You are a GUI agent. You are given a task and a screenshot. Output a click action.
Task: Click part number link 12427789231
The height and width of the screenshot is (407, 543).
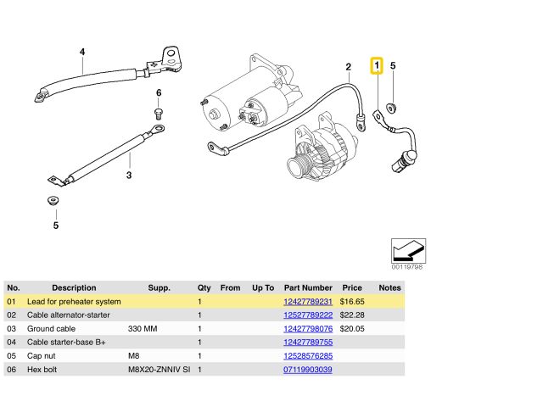pos(307,301)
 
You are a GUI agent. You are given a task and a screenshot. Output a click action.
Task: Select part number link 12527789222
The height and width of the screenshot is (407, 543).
pos(307,315)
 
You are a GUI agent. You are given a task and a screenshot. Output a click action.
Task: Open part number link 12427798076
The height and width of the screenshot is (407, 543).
pos(307,328)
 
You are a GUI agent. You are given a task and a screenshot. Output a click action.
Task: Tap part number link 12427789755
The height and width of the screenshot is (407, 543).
pos(307,342)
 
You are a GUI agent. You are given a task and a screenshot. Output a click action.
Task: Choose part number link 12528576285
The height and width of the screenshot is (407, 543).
pos(307,356)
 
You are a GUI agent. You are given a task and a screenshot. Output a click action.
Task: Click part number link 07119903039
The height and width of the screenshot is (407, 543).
pos(307,370)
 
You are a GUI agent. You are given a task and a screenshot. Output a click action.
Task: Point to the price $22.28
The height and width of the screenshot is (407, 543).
pos(351,315)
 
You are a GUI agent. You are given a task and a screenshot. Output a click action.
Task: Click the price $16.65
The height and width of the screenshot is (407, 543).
pos(351,301)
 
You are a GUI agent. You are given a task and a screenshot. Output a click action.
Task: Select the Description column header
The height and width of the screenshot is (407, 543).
pos(74,287)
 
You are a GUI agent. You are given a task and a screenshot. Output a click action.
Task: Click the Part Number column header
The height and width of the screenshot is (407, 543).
pos(308,287)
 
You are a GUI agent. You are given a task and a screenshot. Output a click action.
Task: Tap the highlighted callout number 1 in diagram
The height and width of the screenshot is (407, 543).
pos(378,65)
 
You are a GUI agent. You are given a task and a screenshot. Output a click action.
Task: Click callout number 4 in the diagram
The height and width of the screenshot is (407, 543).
pos(82,52)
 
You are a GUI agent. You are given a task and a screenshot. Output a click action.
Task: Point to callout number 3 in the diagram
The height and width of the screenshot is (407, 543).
pos(129,176)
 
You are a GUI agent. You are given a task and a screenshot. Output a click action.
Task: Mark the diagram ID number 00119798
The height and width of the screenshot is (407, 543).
pos(406,267)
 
